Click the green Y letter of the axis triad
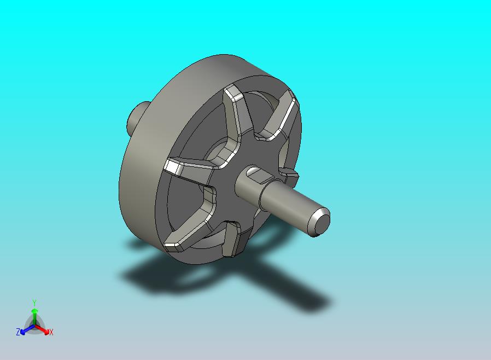(34, 303)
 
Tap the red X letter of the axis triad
(51, 332)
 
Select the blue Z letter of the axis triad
(18, 332)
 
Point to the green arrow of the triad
(34, 314)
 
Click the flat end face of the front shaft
(321, 222)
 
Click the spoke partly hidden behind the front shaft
(290, 175)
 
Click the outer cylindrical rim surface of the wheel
(137, 181)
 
